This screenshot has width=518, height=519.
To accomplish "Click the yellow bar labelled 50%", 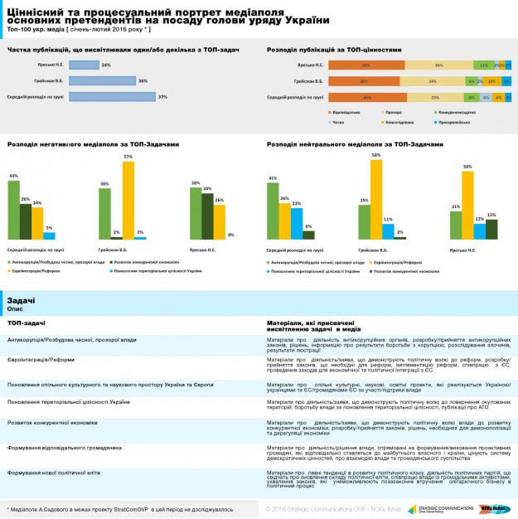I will click(467, 205).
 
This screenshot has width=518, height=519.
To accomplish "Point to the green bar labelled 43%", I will click(13, 209).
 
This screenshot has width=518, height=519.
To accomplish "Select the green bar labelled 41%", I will click(274, 211).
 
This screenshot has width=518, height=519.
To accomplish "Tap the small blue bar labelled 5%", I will click(49, 235).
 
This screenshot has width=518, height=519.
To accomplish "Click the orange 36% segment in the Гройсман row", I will click(365, 81).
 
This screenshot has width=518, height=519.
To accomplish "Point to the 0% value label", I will click(230, 234).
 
